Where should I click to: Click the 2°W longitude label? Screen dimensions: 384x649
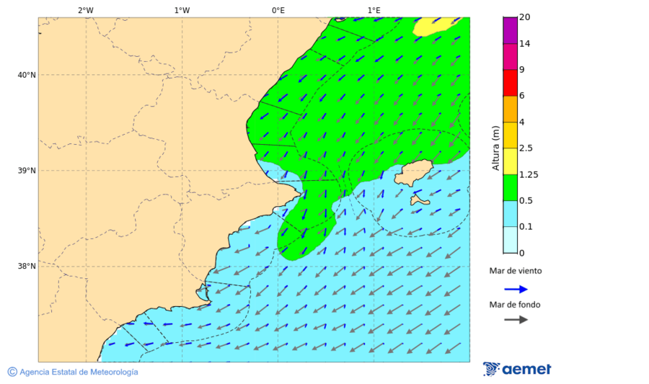(85, 10)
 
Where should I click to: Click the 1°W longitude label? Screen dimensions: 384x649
(182, 10)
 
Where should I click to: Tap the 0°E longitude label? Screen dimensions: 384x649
(278, 10)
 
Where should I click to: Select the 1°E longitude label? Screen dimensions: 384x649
(374, 10)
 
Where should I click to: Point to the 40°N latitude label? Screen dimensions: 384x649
(26, 75)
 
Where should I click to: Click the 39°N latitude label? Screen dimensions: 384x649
(26, 171)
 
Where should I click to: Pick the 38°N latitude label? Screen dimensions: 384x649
(26, 267)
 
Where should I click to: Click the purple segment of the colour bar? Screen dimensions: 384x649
(510, 30)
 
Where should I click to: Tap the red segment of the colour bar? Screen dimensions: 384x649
(510, 82)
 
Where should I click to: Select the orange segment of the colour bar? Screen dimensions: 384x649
(510, 109)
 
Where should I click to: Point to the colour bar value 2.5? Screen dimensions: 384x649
(526, 148)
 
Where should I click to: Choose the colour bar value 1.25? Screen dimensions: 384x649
(528, 174)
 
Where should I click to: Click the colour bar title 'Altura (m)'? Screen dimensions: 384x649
(495, 148)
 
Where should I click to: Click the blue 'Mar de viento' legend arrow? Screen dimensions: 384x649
(516, 289)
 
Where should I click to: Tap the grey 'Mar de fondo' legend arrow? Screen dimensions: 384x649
(516, 320)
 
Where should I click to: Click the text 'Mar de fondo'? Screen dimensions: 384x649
(514, 305)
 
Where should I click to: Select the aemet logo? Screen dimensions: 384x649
(517, 369)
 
